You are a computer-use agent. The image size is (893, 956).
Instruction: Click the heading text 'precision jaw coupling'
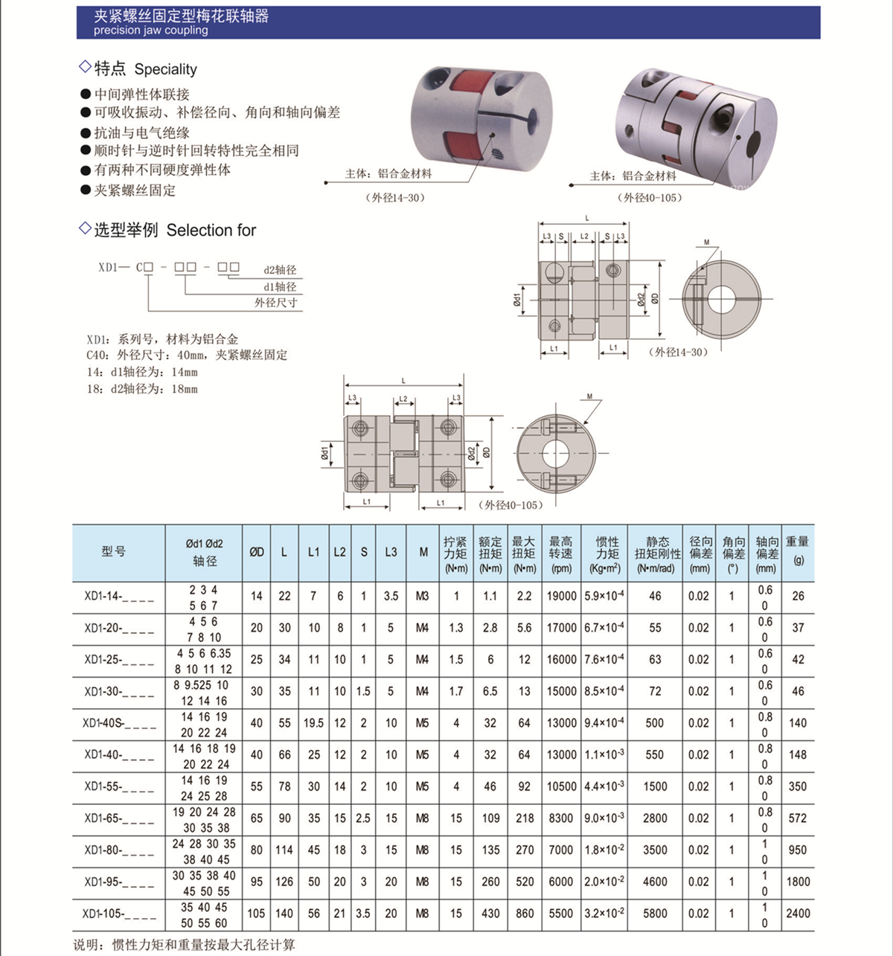pos(150,31)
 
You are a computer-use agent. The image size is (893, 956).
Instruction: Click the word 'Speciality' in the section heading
pos(165,69)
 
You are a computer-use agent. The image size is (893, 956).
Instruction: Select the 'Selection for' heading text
pos(211,231)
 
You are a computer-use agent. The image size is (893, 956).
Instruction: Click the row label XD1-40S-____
pos(119,723)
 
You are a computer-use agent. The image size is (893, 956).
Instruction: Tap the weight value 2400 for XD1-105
pos(798,914)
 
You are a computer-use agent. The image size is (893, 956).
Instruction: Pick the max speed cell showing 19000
pos(561,596)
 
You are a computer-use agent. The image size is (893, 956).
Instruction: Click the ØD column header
pos(256,552)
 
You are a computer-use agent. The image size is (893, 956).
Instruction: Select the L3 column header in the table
pos(391,552)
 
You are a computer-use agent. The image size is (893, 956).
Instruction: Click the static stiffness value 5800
pos(655,914)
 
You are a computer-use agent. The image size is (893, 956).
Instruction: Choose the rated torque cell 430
pos(490,914)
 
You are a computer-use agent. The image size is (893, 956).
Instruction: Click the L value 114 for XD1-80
pos(284,850)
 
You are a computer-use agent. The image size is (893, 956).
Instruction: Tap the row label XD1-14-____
pos(119,596)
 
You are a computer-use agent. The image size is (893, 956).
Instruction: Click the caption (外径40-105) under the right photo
pos(649,198)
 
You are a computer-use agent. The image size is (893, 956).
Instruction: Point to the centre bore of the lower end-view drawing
pos(553,452)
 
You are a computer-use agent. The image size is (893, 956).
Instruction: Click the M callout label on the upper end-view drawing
pos(706,243)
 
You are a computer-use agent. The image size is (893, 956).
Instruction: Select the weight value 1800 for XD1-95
pos(798,882)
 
